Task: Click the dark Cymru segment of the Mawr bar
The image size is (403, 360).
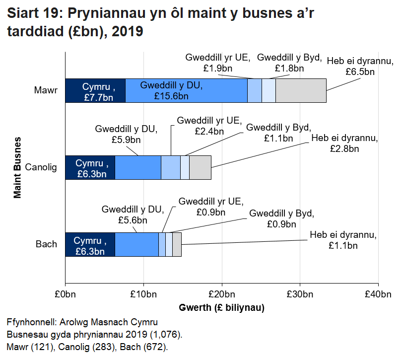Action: (95, 90)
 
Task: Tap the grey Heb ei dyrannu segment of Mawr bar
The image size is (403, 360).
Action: (301, 90)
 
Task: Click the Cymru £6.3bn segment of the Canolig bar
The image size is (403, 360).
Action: (90, 168)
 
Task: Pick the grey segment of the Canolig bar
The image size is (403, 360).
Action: (200, 168)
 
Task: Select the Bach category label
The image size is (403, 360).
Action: (46, 244)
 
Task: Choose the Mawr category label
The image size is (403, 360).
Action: (46, 90)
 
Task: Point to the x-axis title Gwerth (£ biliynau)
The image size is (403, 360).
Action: (221, 308)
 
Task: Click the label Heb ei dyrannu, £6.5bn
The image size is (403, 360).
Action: (353, 67)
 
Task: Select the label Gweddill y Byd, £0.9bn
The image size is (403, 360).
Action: (281, 219)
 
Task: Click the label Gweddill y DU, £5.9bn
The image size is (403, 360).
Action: (126, 135)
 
